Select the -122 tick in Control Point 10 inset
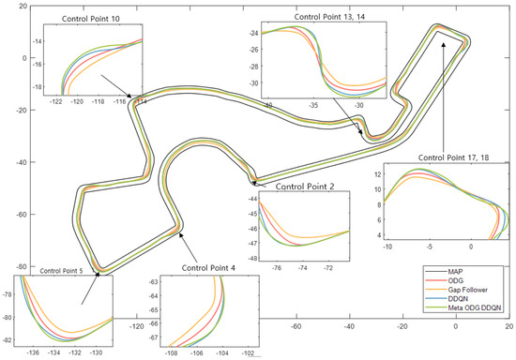(x=55, y=99)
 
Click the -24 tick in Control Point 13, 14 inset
(x=251, y=33)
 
